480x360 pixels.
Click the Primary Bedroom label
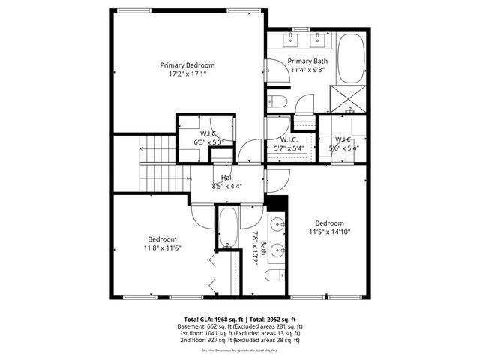(187, 65)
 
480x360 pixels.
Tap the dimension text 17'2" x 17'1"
(187, 74)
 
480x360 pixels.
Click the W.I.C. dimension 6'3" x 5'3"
(208, 142)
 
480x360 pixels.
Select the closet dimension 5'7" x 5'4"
(289, 148)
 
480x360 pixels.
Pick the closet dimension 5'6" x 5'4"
(344, 148)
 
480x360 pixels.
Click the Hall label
(226, 177)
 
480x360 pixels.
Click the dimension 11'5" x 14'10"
(330, 232)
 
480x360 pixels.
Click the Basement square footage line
(240, 326)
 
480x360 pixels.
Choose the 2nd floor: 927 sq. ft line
(240, 340)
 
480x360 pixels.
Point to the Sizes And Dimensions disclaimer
(240, 348)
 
